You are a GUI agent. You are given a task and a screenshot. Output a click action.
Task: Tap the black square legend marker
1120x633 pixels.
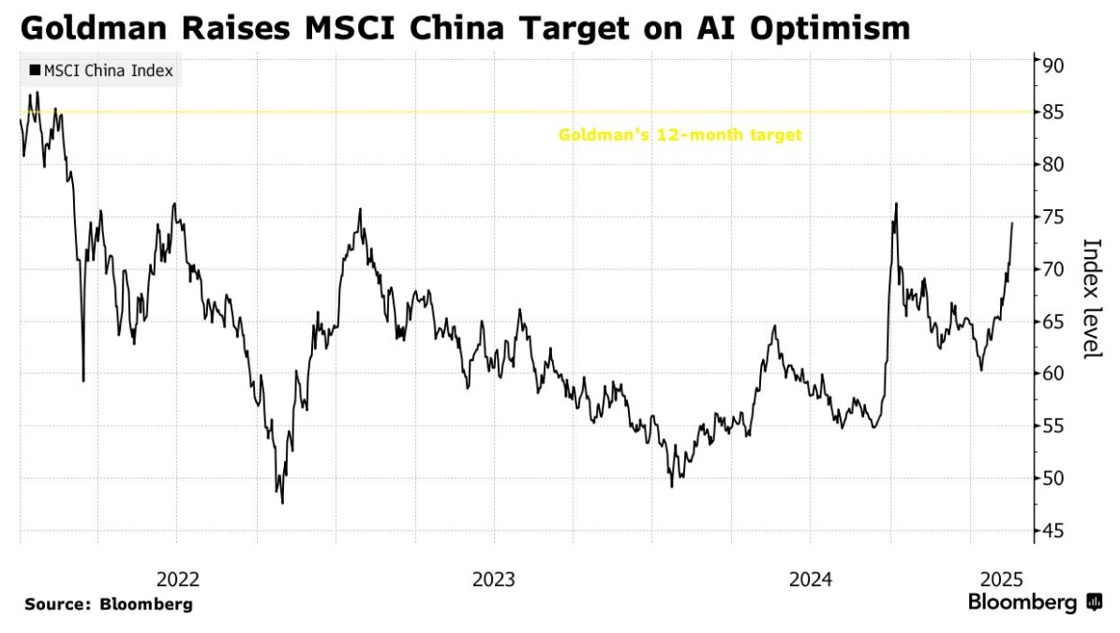coord(36,71)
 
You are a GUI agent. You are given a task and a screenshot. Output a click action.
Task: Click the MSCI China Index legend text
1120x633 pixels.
coord(108,71)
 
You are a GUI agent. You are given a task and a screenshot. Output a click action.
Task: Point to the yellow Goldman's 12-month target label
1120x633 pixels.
coord(679,135)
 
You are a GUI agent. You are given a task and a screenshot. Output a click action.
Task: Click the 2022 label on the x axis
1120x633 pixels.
coord(178,579)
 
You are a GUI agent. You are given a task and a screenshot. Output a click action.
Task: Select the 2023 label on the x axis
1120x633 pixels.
coord(494,579)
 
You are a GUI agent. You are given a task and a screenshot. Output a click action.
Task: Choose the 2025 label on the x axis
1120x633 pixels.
coord(999,579)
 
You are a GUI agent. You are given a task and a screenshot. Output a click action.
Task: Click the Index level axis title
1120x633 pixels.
coord(1092,298)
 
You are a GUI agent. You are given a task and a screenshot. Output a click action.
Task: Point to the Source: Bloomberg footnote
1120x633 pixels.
coord(108,605)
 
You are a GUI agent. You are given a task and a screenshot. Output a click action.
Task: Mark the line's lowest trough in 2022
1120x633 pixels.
coord(282,504)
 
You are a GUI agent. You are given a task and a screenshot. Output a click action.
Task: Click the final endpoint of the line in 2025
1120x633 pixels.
coord(1012,223)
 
